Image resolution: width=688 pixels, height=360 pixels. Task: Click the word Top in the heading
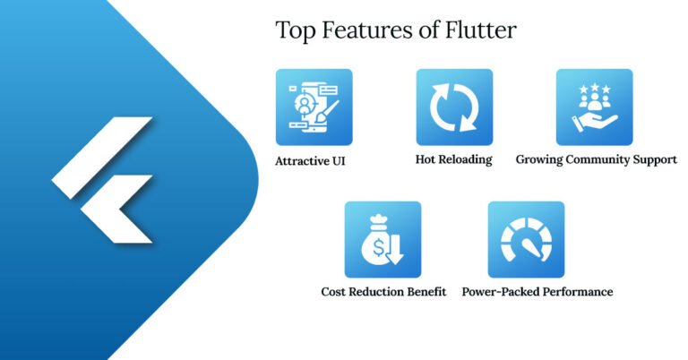coord(293,30)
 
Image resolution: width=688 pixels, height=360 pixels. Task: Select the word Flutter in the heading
coord(485,30)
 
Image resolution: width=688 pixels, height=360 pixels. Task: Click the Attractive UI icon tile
coord(314,107)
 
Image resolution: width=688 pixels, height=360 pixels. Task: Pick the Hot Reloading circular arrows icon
coord(454,107)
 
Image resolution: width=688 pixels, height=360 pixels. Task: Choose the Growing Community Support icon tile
coord(594,107)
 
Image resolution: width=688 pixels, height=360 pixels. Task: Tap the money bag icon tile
coord(383,239)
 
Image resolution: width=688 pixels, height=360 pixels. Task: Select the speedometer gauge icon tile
coord(526,239)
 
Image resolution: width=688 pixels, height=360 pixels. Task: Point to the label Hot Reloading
coord(454,160)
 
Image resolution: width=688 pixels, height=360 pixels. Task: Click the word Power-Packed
coord(498,292)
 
